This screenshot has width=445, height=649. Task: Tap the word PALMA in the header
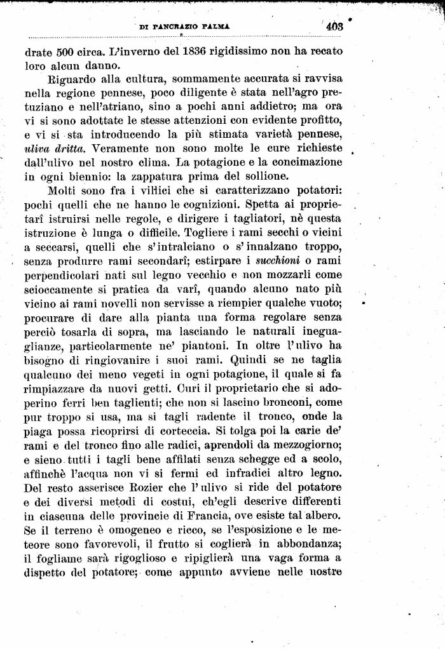tap(215, 27)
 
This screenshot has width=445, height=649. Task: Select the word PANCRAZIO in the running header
tap(177, 27)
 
